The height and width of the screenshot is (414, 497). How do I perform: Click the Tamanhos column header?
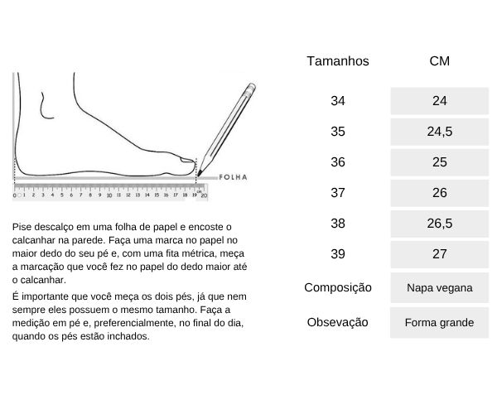(x=338, y=61)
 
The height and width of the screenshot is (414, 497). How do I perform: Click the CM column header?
(x=439, y=61)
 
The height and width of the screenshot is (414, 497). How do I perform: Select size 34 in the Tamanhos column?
(x=338, y=101)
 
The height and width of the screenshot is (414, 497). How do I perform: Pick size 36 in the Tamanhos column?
(x=338, y=162)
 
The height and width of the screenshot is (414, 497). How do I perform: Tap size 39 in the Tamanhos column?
(x=338, y=254)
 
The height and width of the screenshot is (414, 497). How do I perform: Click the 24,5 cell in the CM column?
(x=439, y=132)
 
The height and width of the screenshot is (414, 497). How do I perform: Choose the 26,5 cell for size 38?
(x=439, y=224)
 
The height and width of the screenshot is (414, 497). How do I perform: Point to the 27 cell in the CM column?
(x=439, y=254)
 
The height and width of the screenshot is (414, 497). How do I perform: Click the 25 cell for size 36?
(x=439, y=162)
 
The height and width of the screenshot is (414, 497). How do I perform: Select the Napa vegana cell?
(x=439, y=288)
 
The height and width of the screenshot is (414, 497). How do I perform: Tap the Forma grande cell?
(x=439, y=322)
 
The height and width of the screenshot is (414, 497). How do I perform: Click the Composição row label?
(x=338, y=288)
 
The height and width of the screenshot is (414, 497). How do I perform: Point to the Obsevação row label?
(x=338, y=322)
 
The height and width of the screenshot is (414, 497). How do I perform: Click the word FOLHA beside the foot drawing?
(x=234, y=177)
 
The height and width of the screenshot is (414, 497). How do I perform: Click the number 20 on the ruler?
(x=204, y=196)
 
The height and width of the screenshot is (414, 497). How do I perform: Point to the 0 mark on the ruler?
(x=15, y=196)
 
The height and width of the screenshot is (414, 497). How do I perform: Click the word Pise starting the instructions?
(x=23, y=227)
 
